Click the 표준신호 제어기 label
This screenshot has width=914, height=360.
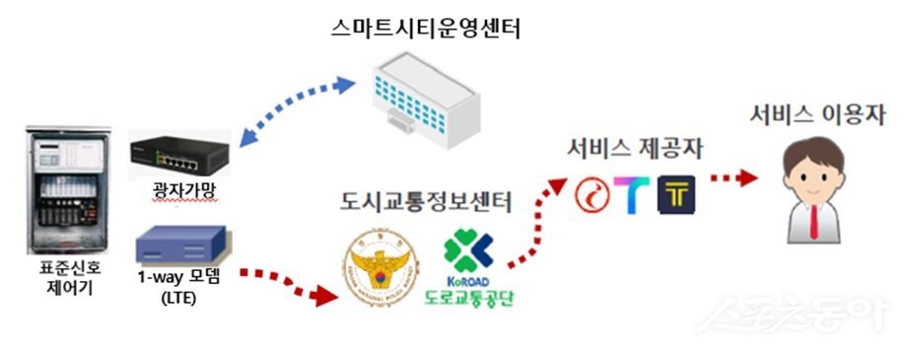click(x=64, y=281)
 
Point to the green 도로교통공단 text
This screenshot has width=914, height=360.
click(x=467, y=295)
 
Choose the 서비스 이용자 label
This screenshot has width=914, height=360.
click(x=817, y=115)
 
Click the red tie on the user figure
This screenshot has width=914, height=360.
click(x=814, y=223)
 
